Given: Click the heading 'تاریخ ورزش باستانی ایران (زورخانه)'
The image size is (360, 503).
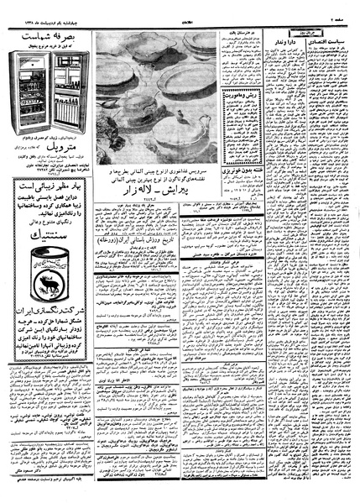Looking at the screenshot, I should tap(143, 243).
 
